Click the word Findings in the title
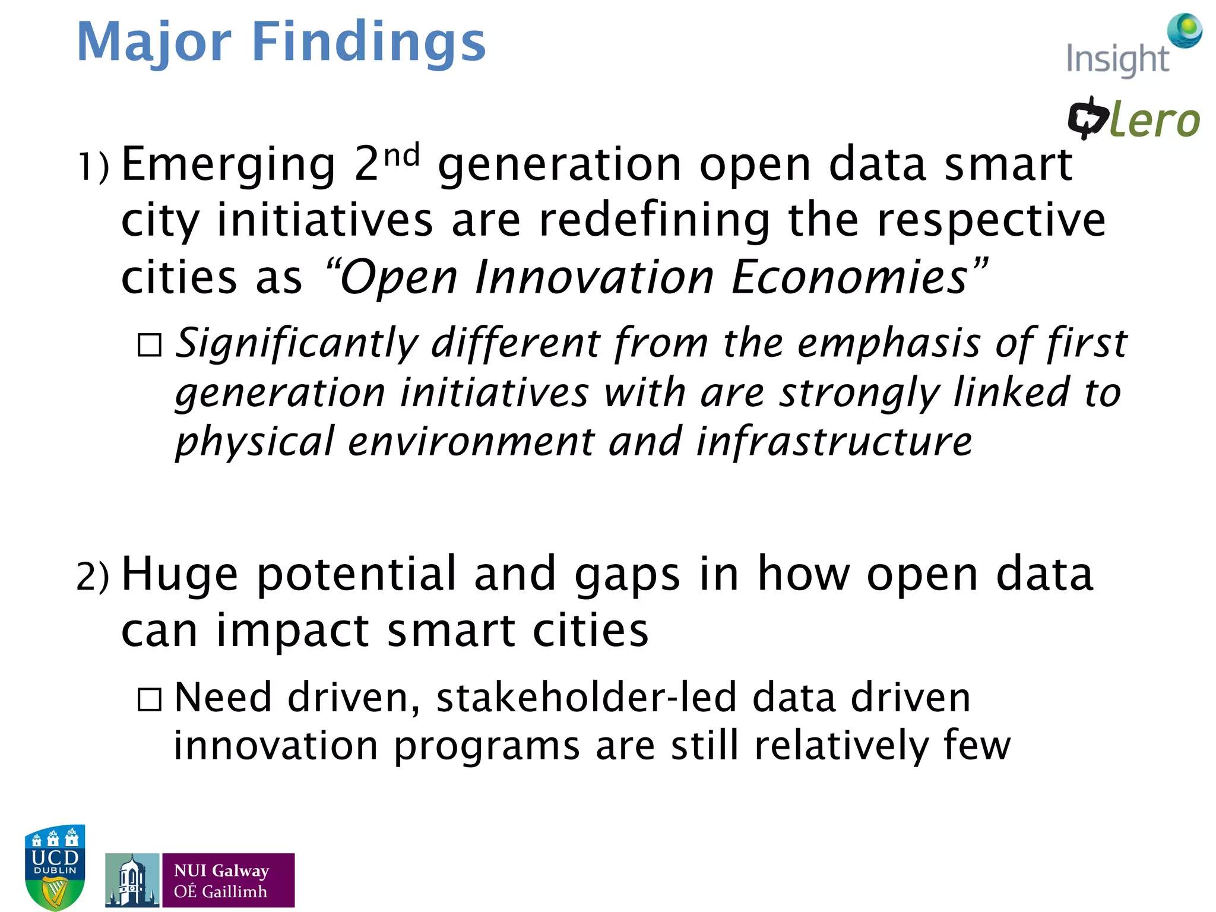point(368,43)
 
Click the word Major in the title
point(154,43)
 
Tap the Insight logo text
point(1117,60)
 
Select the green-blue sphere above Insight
point(1185,30)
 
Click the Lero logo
point(1133,119)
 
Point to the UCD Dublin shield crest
point(55,866)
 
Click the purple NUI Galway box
point(229,880)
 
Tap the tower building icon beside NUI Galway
point(132,880)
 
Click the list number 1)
point(94,166)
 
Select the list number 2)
point(93,576)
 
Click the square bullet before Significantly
point(149,345)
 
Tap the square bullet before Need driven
point(149,699)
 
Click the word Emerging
point(229,165)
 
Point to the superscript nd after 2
point(401,156)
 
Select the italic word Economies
point(850,278)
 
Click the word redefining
point(654,221)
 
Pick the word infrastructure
point(834,442)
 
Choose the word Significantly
point(297,344)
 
